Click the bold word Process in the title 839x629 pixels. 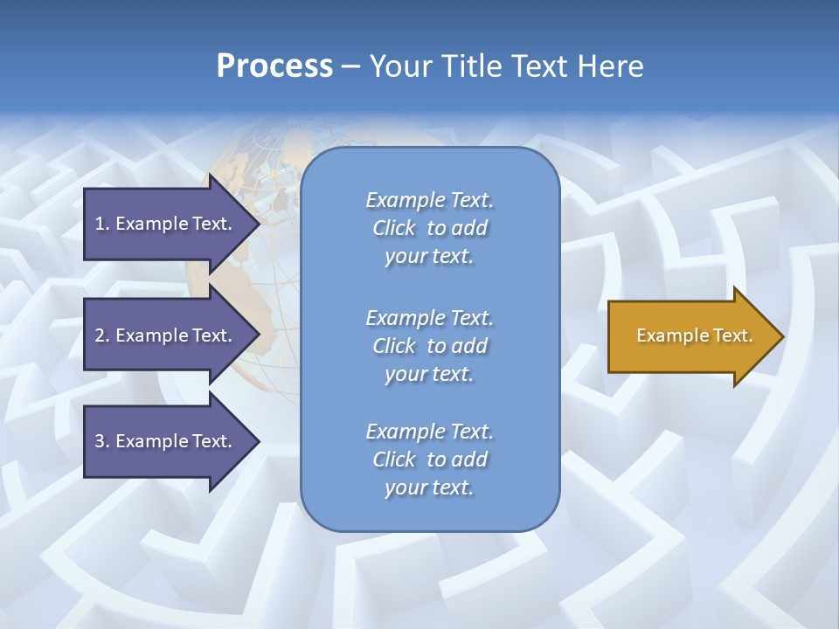[x=274, y=66]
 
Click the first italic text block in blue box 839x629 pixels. [x=429, y=228]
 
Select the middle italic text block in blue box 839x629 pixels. [x=429, y=346]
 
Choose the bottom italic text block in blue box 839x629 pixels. [x=429, y=460]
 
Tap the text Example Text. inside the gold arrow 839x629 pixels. [x=695, y=335]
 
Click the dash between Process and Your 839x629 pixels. [x=350, y=66]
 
